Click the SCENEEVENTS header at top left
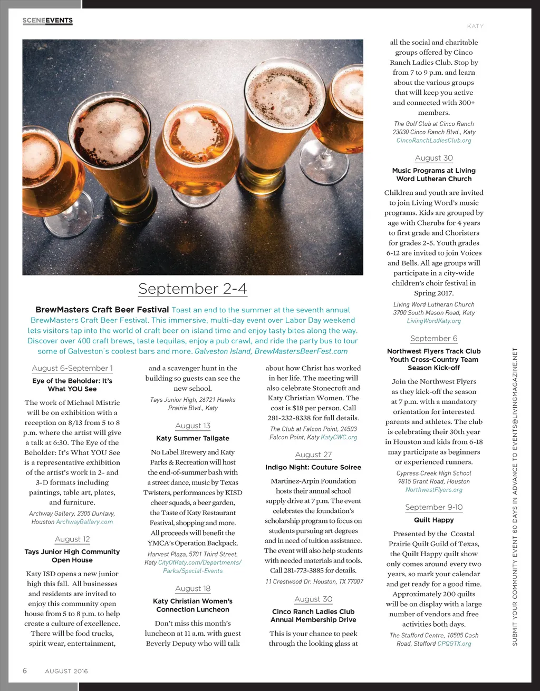[47, 21]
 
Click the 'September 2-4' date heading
[192, 289]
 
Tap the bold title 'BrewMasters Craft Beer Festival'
[102, 310]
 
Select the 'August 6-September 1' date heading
[72, 368]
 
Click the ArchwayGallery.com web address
[84, 522]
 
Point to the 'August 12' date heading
[72, 539]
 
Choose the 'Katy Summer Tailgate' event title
[192, 438]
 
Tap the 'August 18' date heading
[192, 588]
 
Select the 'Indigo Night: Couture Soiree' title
[313, 467]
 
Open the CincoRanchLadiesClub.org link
[433, 141]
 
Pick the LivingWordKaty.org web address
[433, 321]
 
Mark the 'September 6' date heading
[433, 339]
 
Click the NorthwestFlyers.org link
[433, 490]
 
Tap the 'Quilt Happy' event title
[433, 520]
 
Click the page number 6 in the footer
[25, 670]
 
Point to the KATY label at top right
[475, 26]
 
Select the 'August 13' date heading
[192, 426]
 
